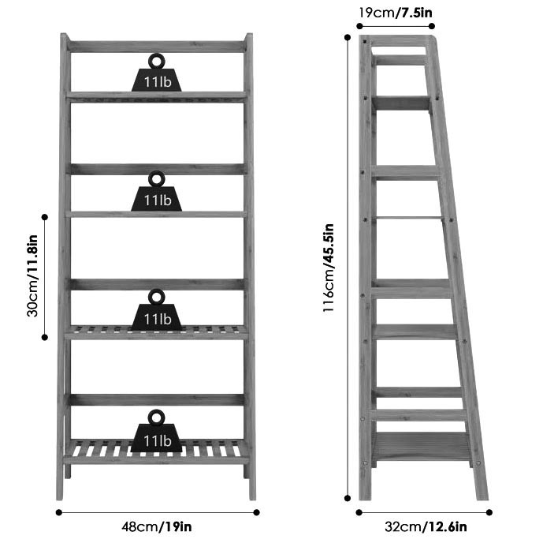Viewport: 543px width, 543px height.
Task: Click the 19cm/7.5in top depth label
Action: pyautogui.click(x=395, y=12)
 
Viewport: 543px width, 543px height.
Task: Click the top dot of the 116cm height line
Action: pyautogui.click(x=348, y=37)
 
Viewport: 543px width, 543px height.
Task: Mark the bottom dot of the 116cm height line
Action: pyautogui.click(x=348, y=498)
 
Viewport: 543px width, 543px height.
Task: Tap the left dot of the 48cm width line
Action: pyautogui.click(x=59, y=511)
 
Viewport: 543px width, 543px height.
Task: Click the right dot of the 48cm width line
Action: pyautogui.click(x=257, y=511)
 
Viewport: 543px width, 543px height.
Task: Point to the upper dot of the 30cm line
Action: pyautogui.click(x=45, y=216)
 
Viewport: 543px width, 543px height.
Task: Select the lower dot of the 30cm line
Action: pyautogui.click(x=45, y=337)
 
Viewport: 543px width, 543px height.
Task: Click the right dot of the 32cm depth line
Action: pyautogui.click(x=489, y=511)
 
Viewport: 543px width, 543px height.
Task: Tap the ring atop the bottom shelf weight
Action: pyautogui.click(x=156, y=416)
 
